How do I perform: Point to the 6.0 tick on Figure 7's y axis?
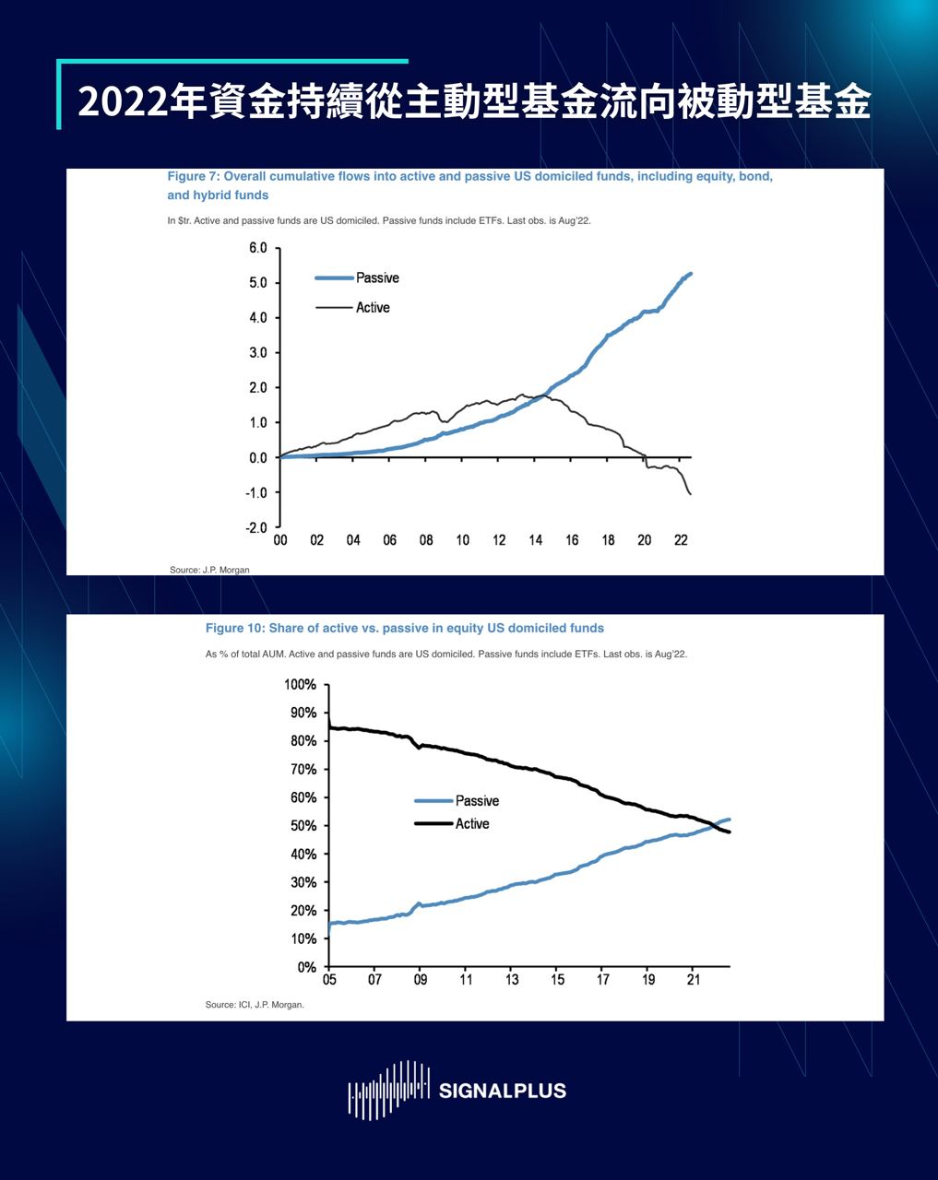pos(257,248)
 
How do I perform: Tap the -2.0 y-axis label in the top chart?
pos(255,528)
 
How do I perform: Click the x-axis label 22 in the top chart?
pos(682,540)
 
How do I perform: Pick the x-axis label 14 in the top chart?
pos(536,540)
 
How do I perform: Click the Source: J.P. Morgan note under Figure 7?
pos(209,570)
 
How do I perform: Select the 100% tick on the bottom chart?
pos(301,685)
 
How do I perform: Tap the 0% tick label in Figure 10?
pos(307,967)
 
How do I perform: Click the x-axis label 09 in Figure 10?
pos(420,980)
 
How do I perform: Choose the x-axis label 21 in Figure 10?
pos(694,980)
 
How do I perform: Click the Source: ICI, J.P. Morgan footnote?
pos(255,1005)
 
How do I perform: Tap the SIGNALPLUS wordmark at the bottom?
pos(503,1091)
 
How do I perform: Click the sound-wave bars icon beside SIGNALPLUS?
pos(388,1091)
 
